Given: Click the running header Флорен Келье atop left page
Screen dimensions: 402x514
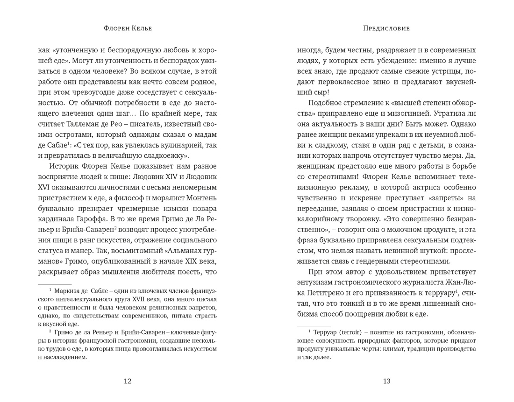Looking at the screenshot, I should [127, 28].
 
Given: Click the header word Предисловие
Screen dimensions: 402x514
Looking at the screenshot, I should [386, 28].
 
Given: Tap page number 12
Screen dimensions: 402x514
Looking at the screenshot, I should [127, 381].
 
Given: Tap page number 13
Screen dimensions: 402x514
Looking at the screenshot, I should [386, 381].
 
